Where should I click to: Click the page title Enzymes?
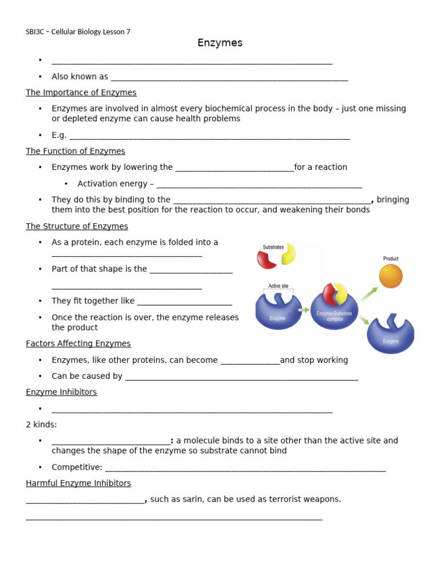[220, 43]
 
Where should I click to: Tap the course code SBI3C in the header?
[36, 32]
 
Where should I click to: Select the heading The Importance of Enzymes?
[81, 92]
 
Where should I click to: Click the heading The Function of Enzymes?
[75, 151]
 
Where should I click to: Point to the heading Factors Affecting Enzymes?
[78, 343]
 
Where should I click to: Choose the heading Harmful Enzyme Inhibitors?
[78, 483]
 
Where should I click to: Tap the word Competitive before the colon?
[76, 467]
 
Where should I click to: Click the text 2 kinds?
[41, 425]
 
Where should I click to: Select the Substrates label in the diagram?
[273, 247]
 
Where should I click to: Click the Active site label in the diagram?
[278, 286]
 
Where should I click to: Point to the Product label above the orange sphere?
[391, 259]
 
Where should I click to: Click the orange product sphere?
[391, 276]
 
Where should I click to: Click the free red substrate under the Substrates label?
[266, 259]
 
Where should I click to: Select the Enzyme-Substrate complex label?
[335, 316]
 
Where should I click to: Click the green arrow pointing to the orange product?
[368, 294]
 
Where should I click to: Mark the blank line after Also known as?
[229, 80]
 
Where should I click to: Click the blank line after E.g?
[209, 138]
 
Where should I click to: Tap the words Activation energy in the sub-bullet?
[112, 184]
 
